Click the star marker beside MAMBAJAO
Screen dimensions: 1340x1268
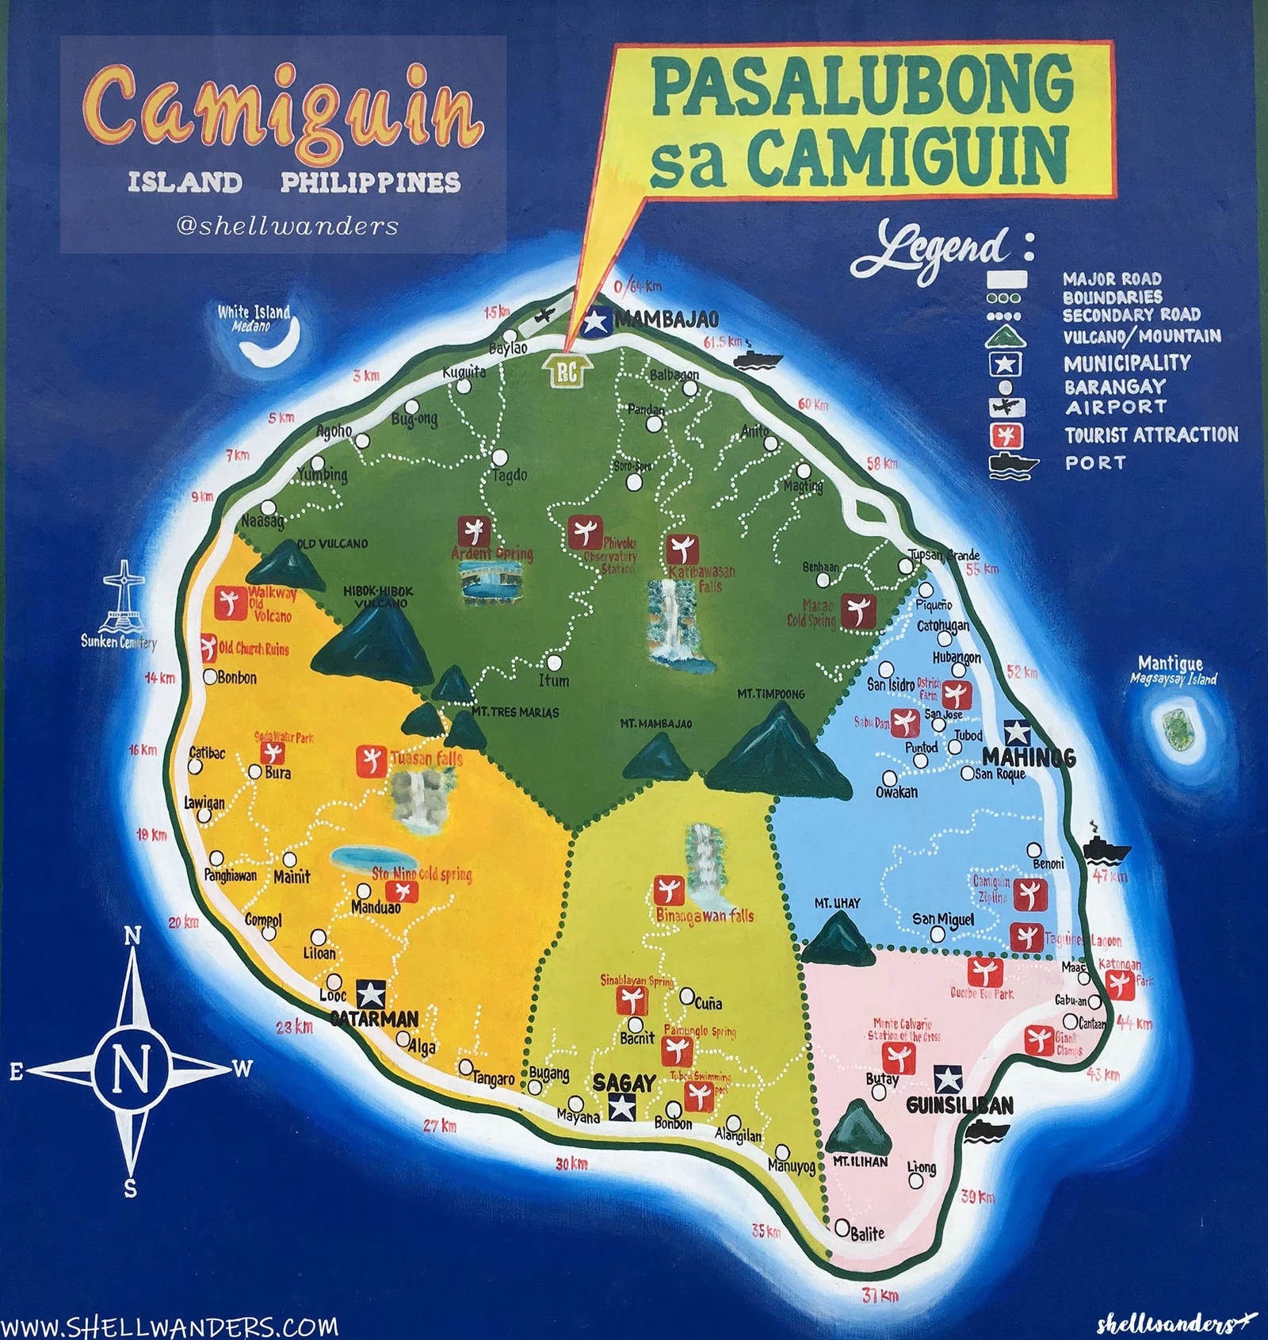[594, 321]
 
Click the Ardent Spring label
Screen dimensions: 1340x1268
[492, 553]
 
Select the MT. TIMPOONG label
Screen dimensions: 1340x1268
[770, 694]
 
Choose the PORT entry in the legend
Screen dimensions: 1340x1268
[1094, 463]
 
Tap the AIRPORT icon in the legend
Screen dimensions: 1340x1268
[1006, 408]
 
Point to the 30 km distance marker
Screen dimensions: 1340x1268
[571, 1163]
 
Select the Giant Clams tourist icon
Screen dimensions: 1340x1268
[1038, 1040]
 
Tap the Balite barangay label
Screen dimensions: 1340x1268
[867, 1233]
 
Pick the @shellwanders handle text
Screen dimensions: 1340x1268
[287, 226]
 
